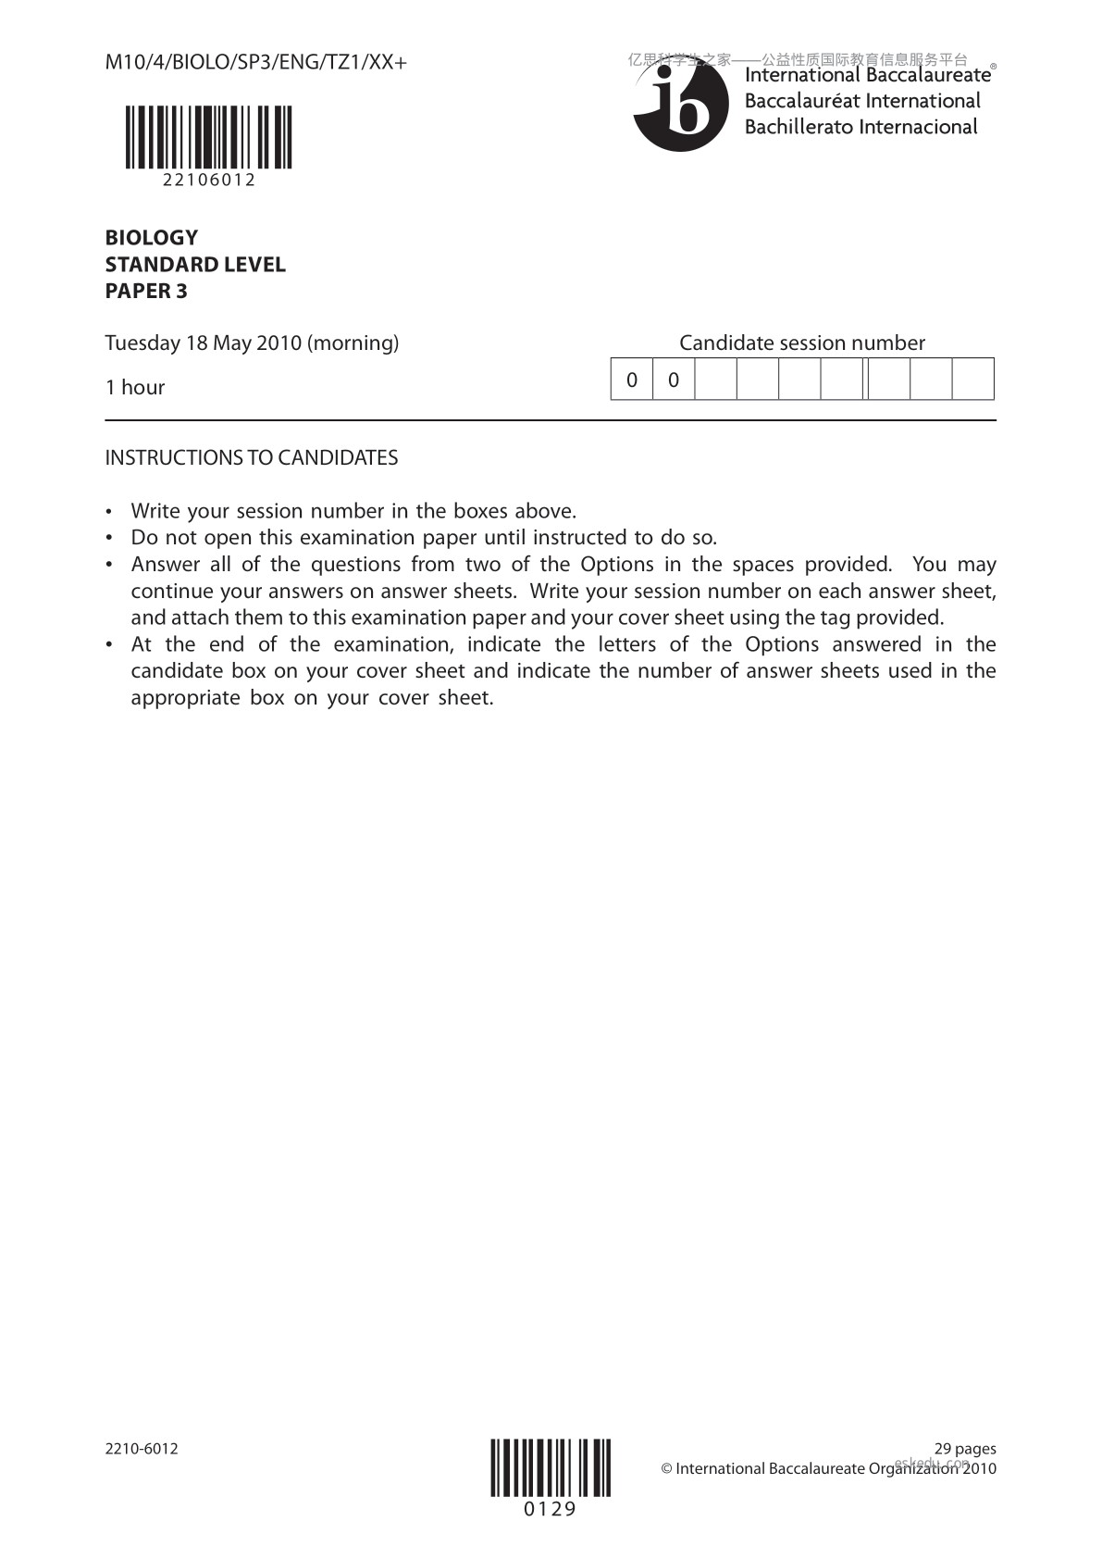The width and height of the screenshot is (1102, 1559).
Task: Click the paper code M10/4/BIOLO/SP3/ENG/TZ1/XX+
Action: [x=255, y=63]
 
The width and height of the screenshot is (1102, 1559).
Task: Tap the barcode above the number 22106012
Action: [x=209, y=137]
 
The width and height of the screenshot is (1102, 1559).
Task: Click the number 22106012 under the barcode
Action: [x=209, y=181]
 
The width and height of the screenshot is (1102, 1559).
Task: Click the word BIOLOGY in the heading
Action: [x=151, y=238]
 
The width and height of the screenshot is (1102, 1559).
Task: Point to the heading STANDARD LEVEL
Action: [x=195, y=265]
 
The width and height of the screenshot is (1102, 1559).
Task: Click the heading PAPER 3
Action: [x=146, y=291]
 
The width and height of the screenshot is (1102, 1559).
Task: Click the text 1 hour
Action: [x=135, y=388]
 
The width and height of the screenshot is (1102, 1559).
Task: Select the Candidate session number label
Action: [x=801, y=343]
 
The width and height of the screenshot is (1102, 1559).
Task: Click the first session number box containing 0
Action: [x=632, y=380]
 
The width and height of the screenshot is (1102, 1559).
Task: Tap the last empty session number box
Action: [x=972, y=380]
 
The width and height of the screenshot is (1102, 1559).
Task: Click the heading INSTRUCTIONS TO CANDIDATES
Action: [x=252, y=458]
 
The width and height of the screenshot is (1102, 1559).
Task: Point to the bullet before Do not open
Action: [x=111, y=538]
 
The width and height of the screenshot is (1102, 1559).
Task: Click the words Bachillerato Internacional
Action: [x=861, y=127]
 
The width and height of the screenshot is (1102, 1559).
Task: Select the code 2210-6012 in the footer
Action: [x=142, y=1449]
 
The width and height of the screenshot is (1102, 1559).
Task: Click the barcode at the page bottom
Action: [x=551, y=1467]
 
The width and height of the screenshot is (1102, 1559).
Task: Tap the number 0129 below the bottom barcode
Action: [x=551, y=1510]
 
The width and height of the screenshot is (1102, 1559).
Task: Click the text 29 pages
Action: [x=965, y=1449]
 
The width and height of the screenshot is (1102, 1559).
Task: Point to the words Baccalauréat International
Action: [x=861, y=101]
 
